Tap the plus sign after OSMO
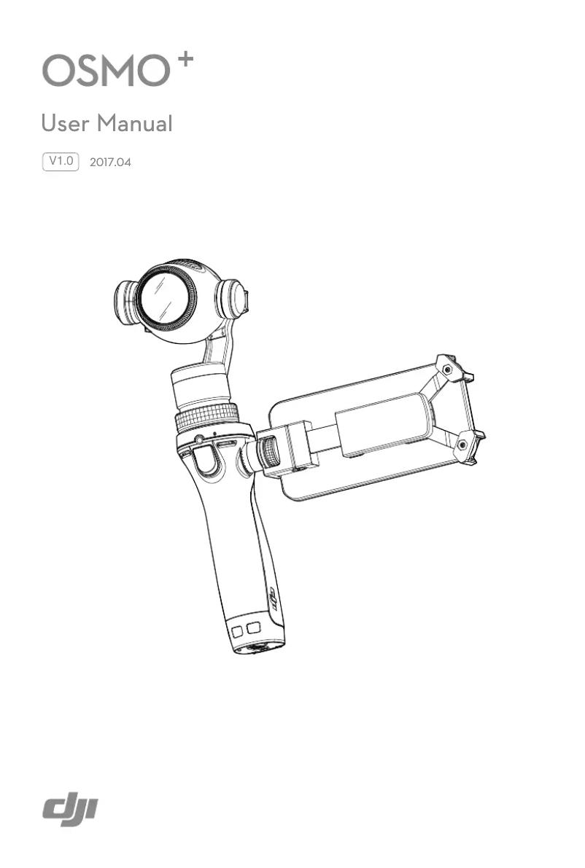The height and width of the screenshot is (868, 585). click(185, 61)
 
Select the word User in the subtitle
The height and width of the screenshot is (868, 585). click(67, 124)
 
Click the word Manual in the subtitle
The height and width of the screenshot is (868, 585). click(136, 124)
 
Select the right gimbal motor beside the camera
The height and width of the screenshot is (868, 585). click(236, 299)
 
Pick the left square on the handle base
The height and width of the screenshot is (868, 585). click(238, 631)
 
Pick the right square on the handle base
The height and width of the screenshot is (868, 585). click(253, 627)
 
